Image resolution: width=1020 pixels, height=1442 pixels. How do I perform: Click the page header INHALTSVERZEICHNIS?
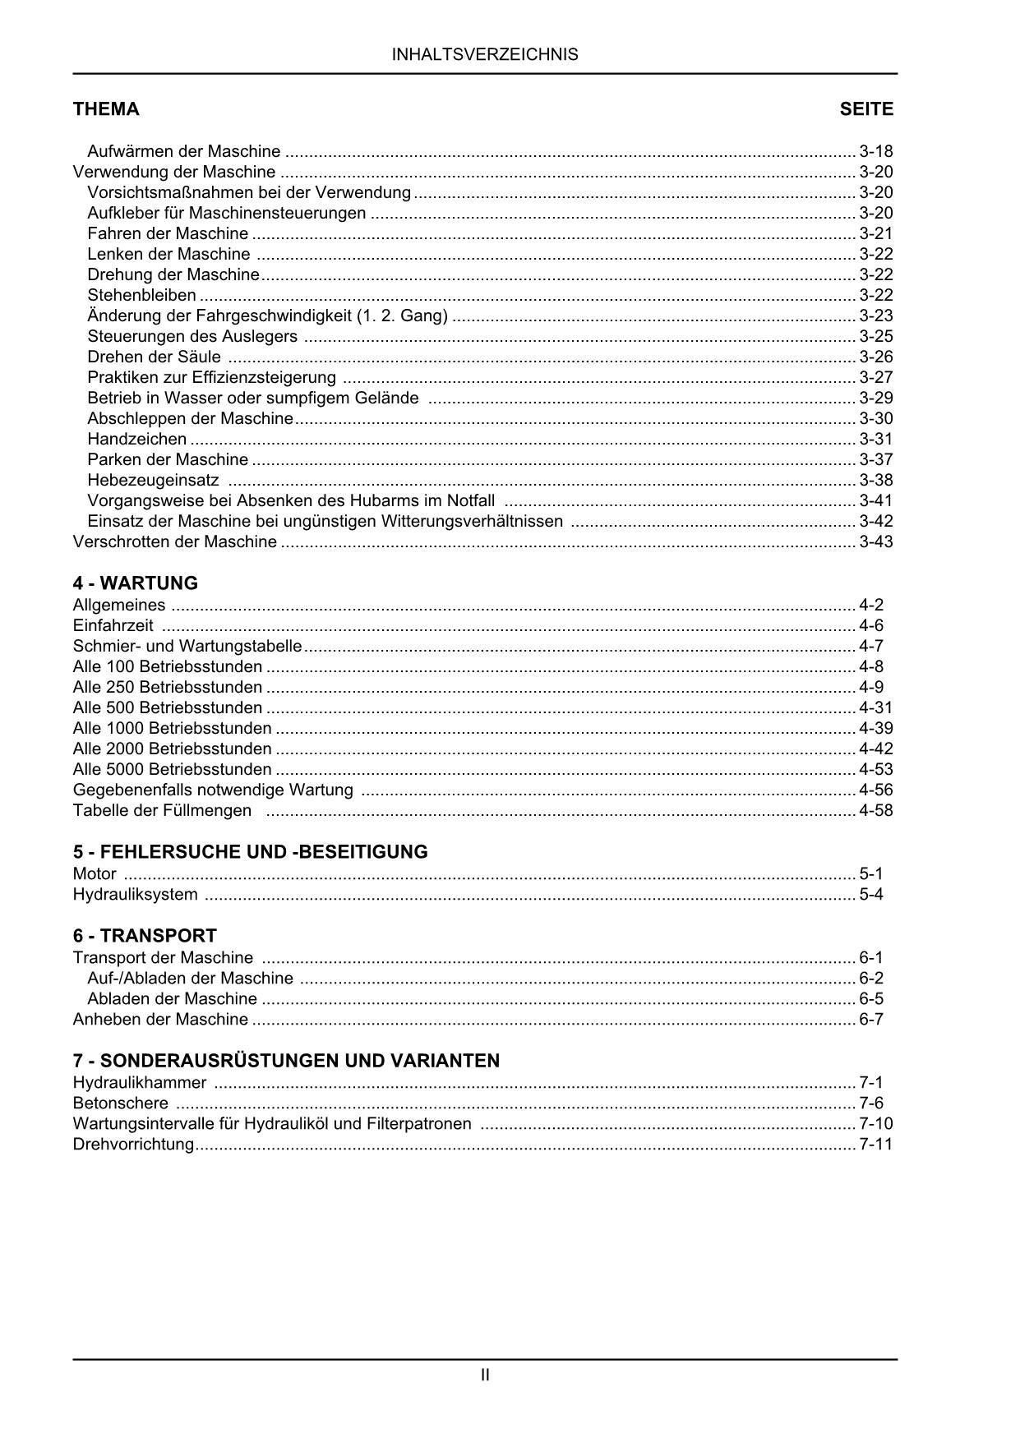(485, 55)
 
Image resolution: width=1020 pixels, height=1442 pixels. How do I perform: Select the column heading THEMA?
(106, 109)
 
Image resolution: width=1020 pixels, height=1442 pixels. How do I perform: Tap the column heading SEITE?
(865, 109)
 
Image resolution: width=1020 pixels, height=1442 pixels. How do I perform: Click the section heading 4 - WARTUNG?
(136, 583)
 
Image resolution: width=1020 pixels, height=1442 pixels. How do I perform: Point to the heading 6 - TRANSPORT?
(145, 936)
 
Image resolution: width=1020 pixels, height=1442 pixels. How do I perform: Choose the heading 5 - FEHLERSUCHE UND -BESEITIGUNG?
(250, 852)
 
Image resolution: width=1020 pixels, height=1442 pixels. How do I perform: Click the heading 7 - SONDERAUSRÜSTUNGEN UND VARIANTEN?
(286, 1061)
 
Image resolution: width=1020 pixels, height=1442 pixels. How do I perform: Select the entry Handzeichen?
(136, 440)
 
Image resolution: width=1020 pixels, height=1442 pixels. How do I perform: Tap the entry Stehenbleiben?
(141, 296)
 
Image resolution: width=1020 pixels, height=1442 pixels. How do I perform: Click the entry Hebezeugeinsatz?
(153, 481)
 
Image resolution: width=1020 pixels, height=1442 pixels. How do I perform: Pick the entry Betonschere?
(120, 1103)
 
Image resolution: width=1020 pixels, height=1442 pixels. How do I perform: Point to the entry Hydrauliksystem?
(135, 895)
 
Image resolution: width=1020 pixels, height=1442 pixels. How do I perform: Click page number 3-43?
(875, 542)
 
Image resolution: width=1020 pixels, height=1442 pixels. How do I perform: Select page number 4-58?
(875, 811)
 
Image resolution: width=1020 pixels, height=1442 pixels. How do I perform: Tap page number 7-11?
(875, 1145)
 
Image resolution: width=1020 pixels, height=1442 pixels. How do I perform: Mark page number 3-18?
(875, 152)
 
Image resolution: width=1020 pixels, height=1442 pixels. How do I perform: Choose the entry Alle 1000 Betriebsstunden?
(172, 729)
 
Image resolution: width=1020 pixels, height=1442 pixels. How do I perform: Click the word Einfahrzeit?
(113, 626)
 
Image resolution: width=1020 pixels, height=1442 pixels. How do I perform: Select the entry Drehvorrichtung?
(133, 1145)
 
